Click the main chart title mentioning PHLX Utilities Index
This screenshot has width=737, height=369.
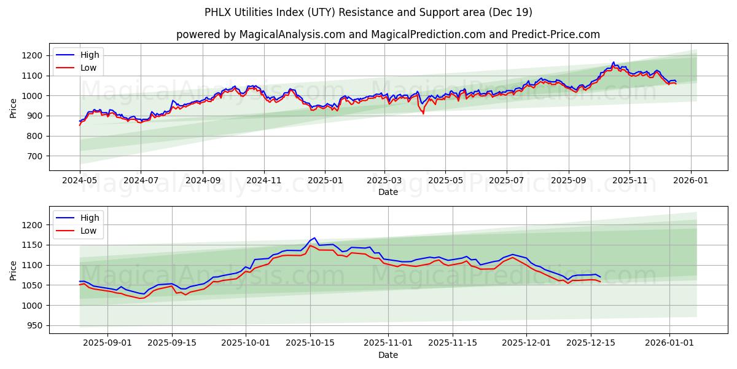tap(368, 12)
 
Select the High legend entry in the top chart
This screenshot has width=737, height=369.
tap(89, 55)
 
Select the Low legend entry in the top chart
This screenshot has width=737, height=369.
tap(88, 68)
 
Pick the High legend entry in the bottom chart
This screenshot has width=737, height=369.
tap(89, 218)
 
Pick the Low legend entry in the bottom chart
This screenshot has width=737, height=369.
tap(88, 231)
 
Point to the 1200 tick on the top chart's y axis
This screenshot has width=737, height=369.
tap(31, 55)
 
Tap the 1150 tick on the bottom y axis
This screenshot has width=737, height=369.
tap(31, 245)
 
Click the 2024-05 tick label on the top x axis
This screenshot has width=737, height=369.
tap(80, 181)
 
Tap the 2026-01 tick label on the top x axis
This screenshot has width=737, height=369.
tap(691, 181)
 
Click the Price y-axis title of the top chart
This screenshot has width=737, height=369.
tap(14, 108)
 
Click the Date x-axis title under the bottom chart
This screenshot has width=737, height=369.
tap(388, 355)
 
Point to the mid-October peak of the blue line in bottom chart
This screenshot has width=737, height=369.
tap(314, 238)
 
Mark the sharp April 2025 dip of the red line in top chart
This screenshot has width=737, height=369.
tap(423, 113)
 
